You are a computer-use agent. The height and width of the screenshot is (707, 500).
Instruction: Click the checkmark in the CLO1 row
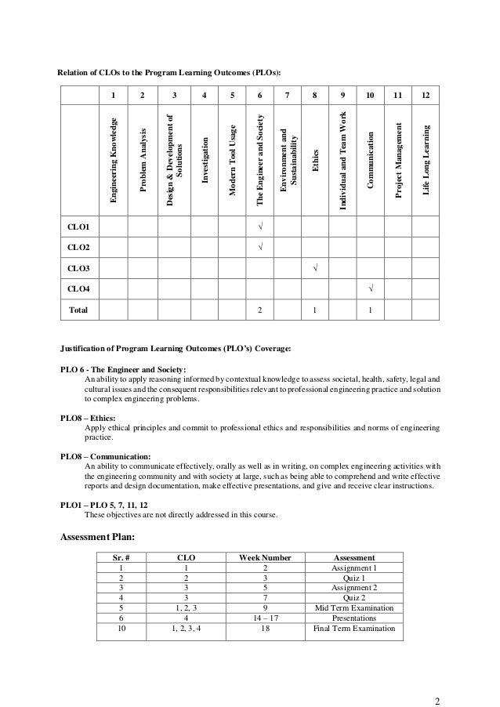pyautogui.click(x=259, y=227)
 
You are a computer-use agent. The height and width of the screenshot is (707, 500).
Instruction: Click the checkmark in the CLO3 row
pyautogui.click(x=314, y=269)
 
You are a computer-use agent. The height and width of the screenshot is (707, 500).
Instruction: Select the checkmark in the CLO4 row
pyautogui.click(x=370, y=289)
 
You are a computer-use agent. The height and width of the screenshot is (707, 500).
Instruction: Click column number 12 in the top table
pyautogui.click(x=425, y=96)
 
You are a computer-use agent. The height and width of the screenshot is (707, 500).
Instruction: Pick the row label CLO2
pyautogui.click(x=78, y=248)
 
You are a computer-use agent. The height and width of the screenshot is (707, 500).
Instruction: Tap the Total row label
pyautogui.click(x=78, y=310)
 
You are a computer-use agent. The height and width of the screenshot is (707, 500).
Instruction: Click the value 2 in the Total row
pyautogui.click(x=259, y=310)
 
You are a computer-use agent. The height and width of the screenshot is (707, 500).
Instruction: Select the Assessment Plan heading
pyautogui.click(x=97, y=537)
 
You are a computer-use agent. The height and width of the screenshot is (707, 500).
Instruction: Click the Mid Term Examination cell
pyautogui.click(x=354, y=607)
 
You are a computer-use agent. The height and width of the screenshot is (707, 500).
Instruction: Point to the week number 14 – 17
pyautogui.click(x=259, y=618)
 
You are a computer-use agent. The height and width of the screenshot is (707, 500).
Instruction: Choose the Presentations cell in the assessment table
pyautogui.click(x=354, y=618)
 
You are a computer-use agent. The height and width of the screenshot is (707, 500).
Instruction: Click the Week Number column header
pyautogui.click(x=259, y=557)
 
